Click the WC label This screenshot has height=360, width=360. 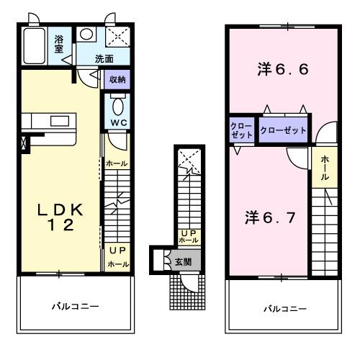[x=117, y=122]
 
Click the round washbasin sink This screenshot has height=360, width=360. [x=86, y=33]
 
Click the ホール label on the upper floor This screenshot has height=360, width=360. [x=325, y=167]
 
